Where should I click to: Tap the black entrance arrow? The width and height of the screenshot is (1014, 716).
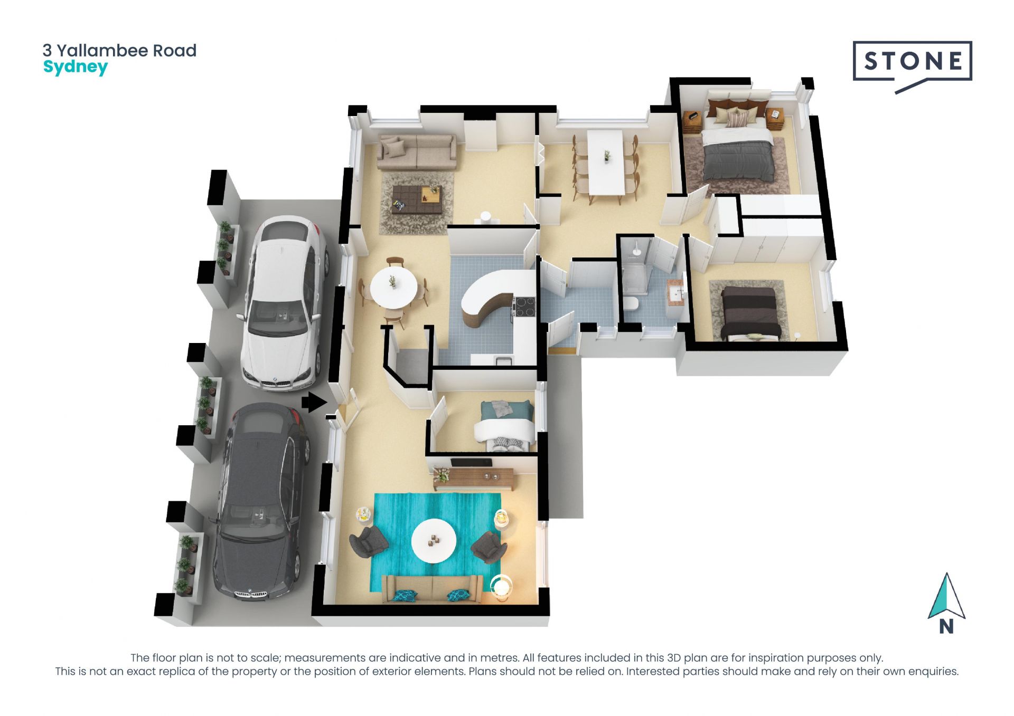click(314, 403)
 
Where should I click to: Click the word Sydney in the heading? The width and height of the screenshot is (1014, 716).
click(76, 68)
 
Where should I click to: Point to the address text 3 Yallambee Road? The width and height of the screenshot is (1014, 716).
click(119, 51)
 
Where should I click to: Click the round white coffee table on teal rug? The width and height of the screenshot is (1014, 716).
click(434, 540)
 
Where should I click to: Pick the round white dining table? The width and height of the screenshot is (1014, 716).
click(393, 287)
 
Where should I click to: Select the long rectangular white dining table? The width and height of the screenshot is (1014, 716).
click(606, 162)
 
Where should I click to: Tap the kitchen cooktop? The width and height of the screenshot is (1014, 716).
click(523, 307)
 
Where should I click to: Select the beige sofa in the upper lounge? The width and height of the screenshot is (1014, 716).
click(417, 151)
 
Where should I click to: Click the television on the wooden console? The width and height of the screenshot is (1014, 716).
click(471, 463)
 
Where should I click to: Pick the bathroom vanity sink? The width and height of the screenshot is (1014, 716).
click(675, 293)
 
